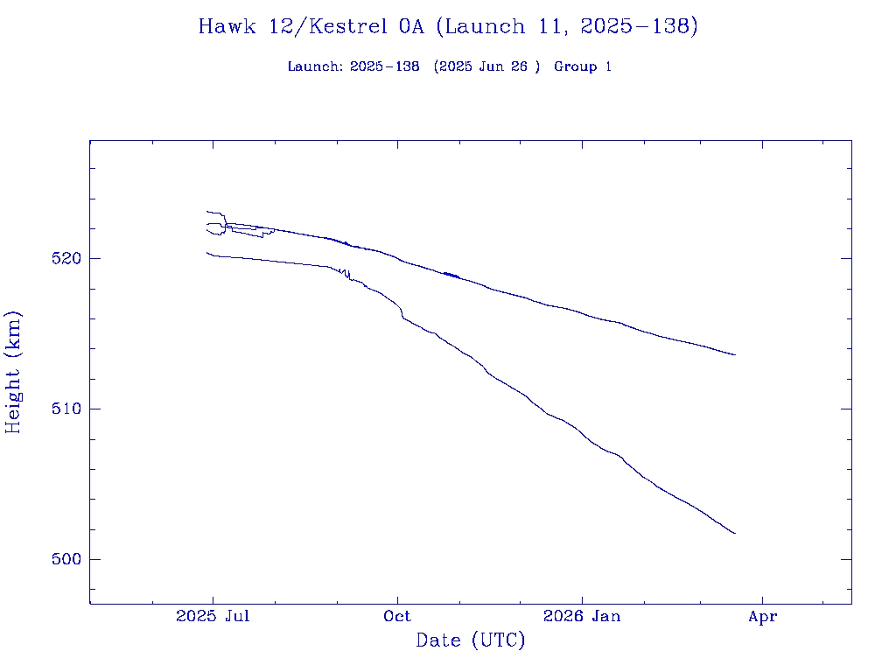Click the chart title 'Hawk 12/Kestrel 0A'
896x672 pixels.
point(311,27)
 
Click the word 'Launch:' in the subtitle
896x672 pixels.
point(316,67)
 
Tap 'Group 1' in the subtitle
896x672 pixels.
point(583,67)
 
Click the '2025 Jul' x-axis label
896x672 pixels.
point(213,617)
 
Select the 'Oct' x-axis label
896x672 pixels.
point(397,617)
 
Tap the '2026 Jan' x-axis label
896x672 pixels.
point(582,617)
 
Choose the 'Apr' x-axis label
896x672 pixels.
point(763,617)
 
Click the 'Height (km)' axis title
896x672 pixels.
point(14,372)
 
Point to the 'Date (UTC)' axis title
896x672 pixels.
point(471,641)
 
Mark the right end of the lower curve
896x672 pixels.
point(735,533)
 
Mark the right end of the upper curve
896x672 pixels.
point(735,354)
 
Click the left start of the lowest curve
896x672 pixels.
point(207,253)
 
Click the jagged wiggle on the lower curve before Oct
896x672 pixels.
point(346,275)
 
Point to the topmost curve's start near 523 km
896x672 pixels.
point(207,211)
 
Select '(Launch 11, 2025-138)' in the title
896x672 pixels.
point(567,27)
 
